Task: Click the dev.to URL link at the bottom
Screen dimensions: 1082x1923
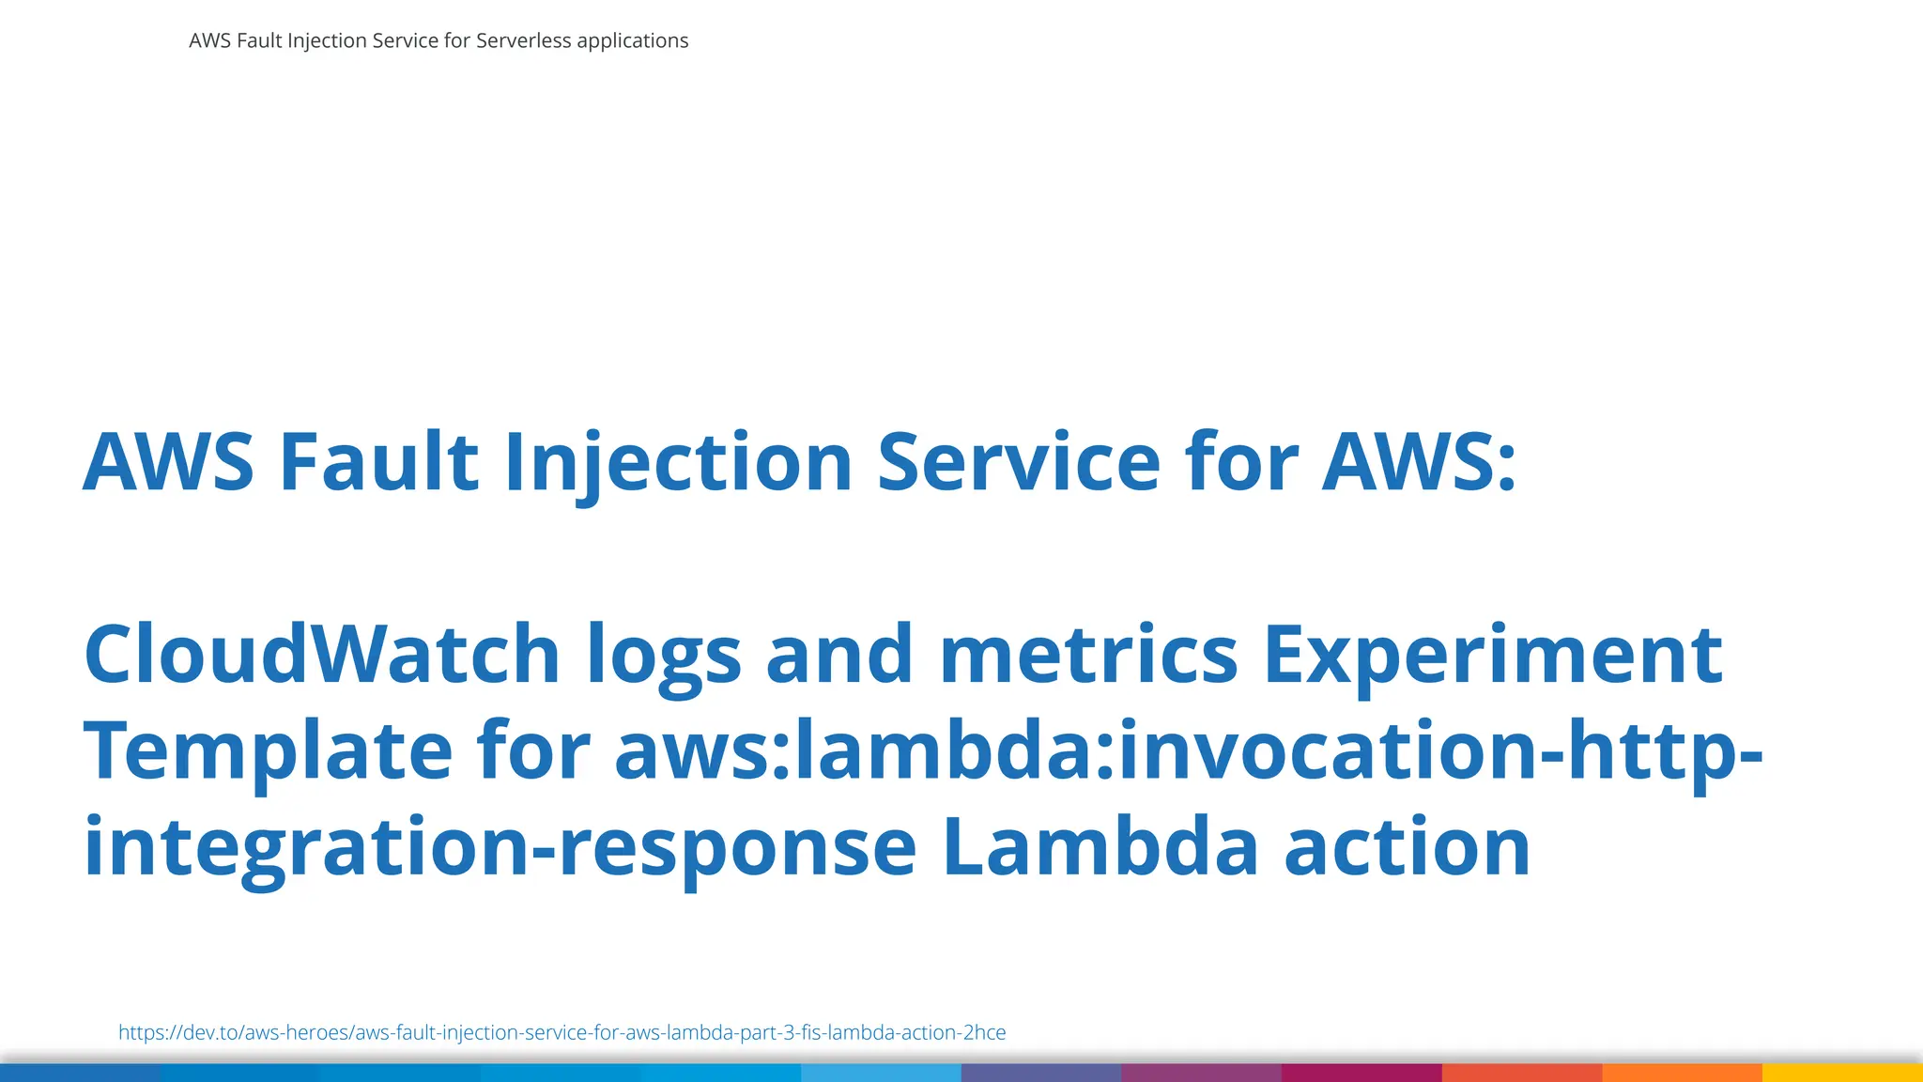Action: [x=562, y=1032]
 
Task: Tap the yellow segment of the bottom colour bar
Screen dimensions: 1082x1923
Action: [x=1842, y=1073]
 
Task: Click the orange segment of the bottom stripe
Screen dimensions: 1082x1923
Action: [x=1682, y=1073]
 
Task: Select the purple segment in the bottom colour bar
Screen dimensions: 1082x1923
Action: [x=1201, y=1073]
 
